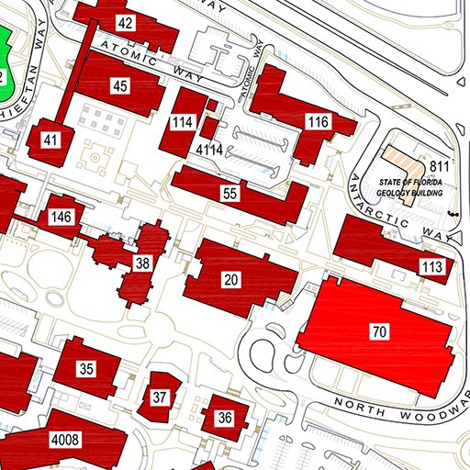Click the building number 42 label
tap(127, 23)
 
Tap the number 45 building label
tap(120, 86)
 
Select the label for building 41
tap(50, 140)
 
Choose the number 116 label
tap(319, 122)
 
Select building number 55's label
tap(230, 194)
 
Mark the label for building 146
tap(62, 218)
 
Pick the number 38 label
tap(142, 263)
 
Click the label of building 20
tap(231, 279)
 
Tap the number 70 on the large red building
tap(379, 331)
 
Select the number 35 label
tap(87, 369)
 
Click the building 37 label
tap(160, 397)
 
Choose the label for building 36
tap(225, 418)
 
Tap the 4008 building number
tap(65, 441)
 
